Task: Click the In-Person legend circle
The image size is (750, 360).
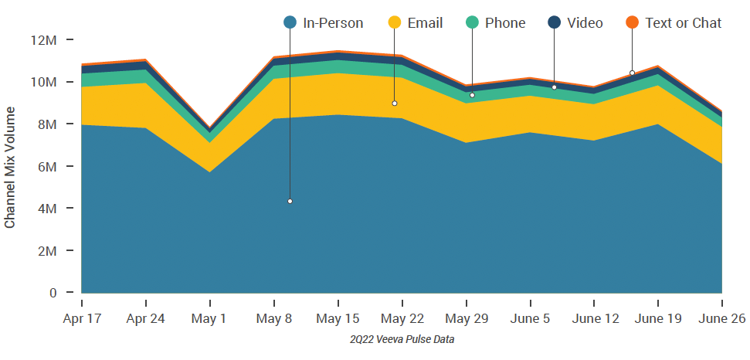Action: pyautogui.click(x=290, y=22)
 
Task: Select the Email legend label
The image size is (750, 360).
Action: pyautogui.click(x=426, y=23)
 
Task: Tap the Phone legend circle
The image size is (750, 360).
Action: pyautogui.click(x=473, y=22)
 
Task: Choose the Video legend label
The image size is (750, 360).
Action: pyautogui.click(x=585, y=23)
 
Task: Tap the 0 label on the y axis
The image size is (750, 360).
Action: pyautogui.click(x=53, y=294)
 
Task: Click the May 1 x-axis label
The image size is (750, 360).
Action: pyautogui.click(x=210, y=319)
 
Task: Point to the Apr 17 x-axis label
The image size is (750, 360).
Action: pyautogui.click(x=81, y=319)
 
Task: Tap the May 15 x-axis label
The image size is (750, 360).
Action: pyautogui.click(x=338, y=319)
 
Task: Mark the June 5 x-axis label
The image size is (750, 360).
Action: pyautogui.click(x=531, y=319)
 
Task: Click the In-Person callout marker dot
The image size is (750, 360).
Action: pyautogui.click(x=290, y=202)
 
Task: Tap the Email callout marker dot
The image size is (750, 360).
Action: pyautogui.click(x=395, y=104)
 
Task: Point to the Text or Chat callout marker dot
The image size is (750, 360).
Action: pyautogui.click(x=632, y=73)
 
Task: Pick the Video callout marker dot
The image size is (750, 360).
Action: pyautogui.click(x=554, y=87)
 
